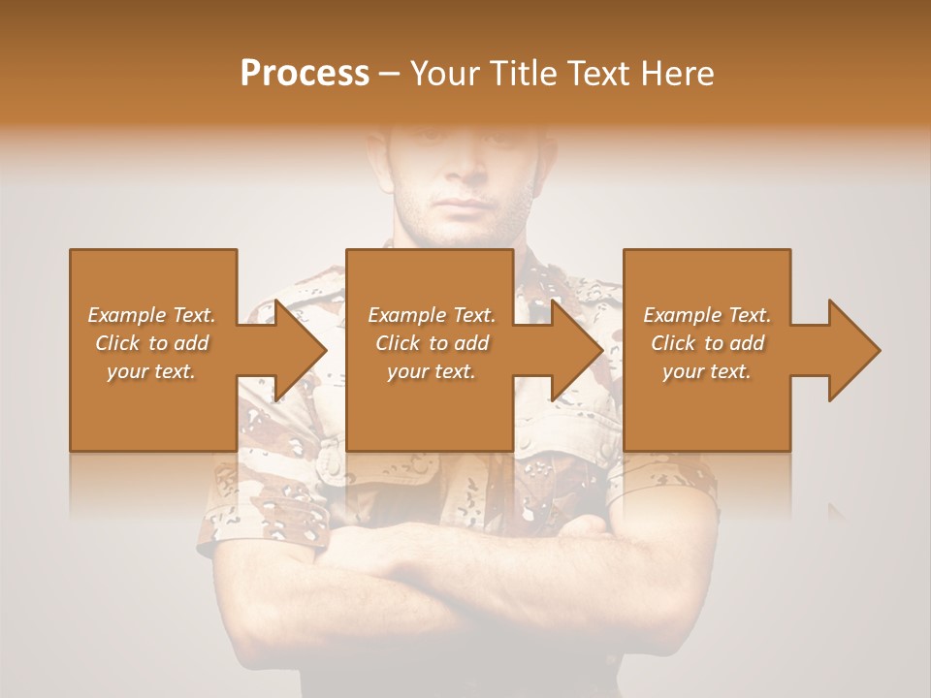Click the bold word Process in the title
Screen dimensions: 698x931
click(305, 74)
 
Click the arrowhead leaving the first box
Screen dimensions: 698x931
click(296, 350)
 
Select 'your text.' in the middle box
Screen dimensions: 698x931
click(431, 371)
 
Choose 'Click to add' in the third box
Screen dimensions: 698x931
click(708, 343)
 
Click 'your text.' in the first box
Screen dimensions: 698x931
click(151, 371)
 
